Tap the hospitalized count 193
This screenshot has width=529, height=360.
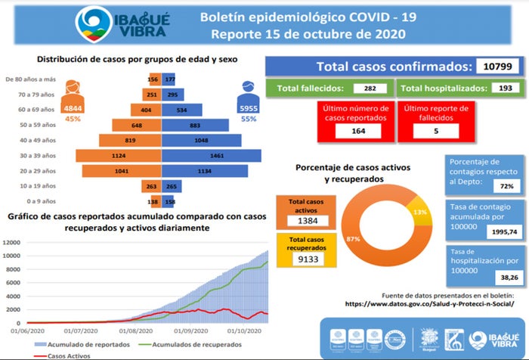(x=497, y=88)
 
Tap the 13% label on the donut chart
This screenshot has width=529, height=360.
(x=420, y=213)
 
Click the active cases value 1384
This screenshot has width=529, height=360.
(x=307, y=221)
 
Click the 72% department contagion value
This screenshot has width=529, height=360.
(x=507, y=185)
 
